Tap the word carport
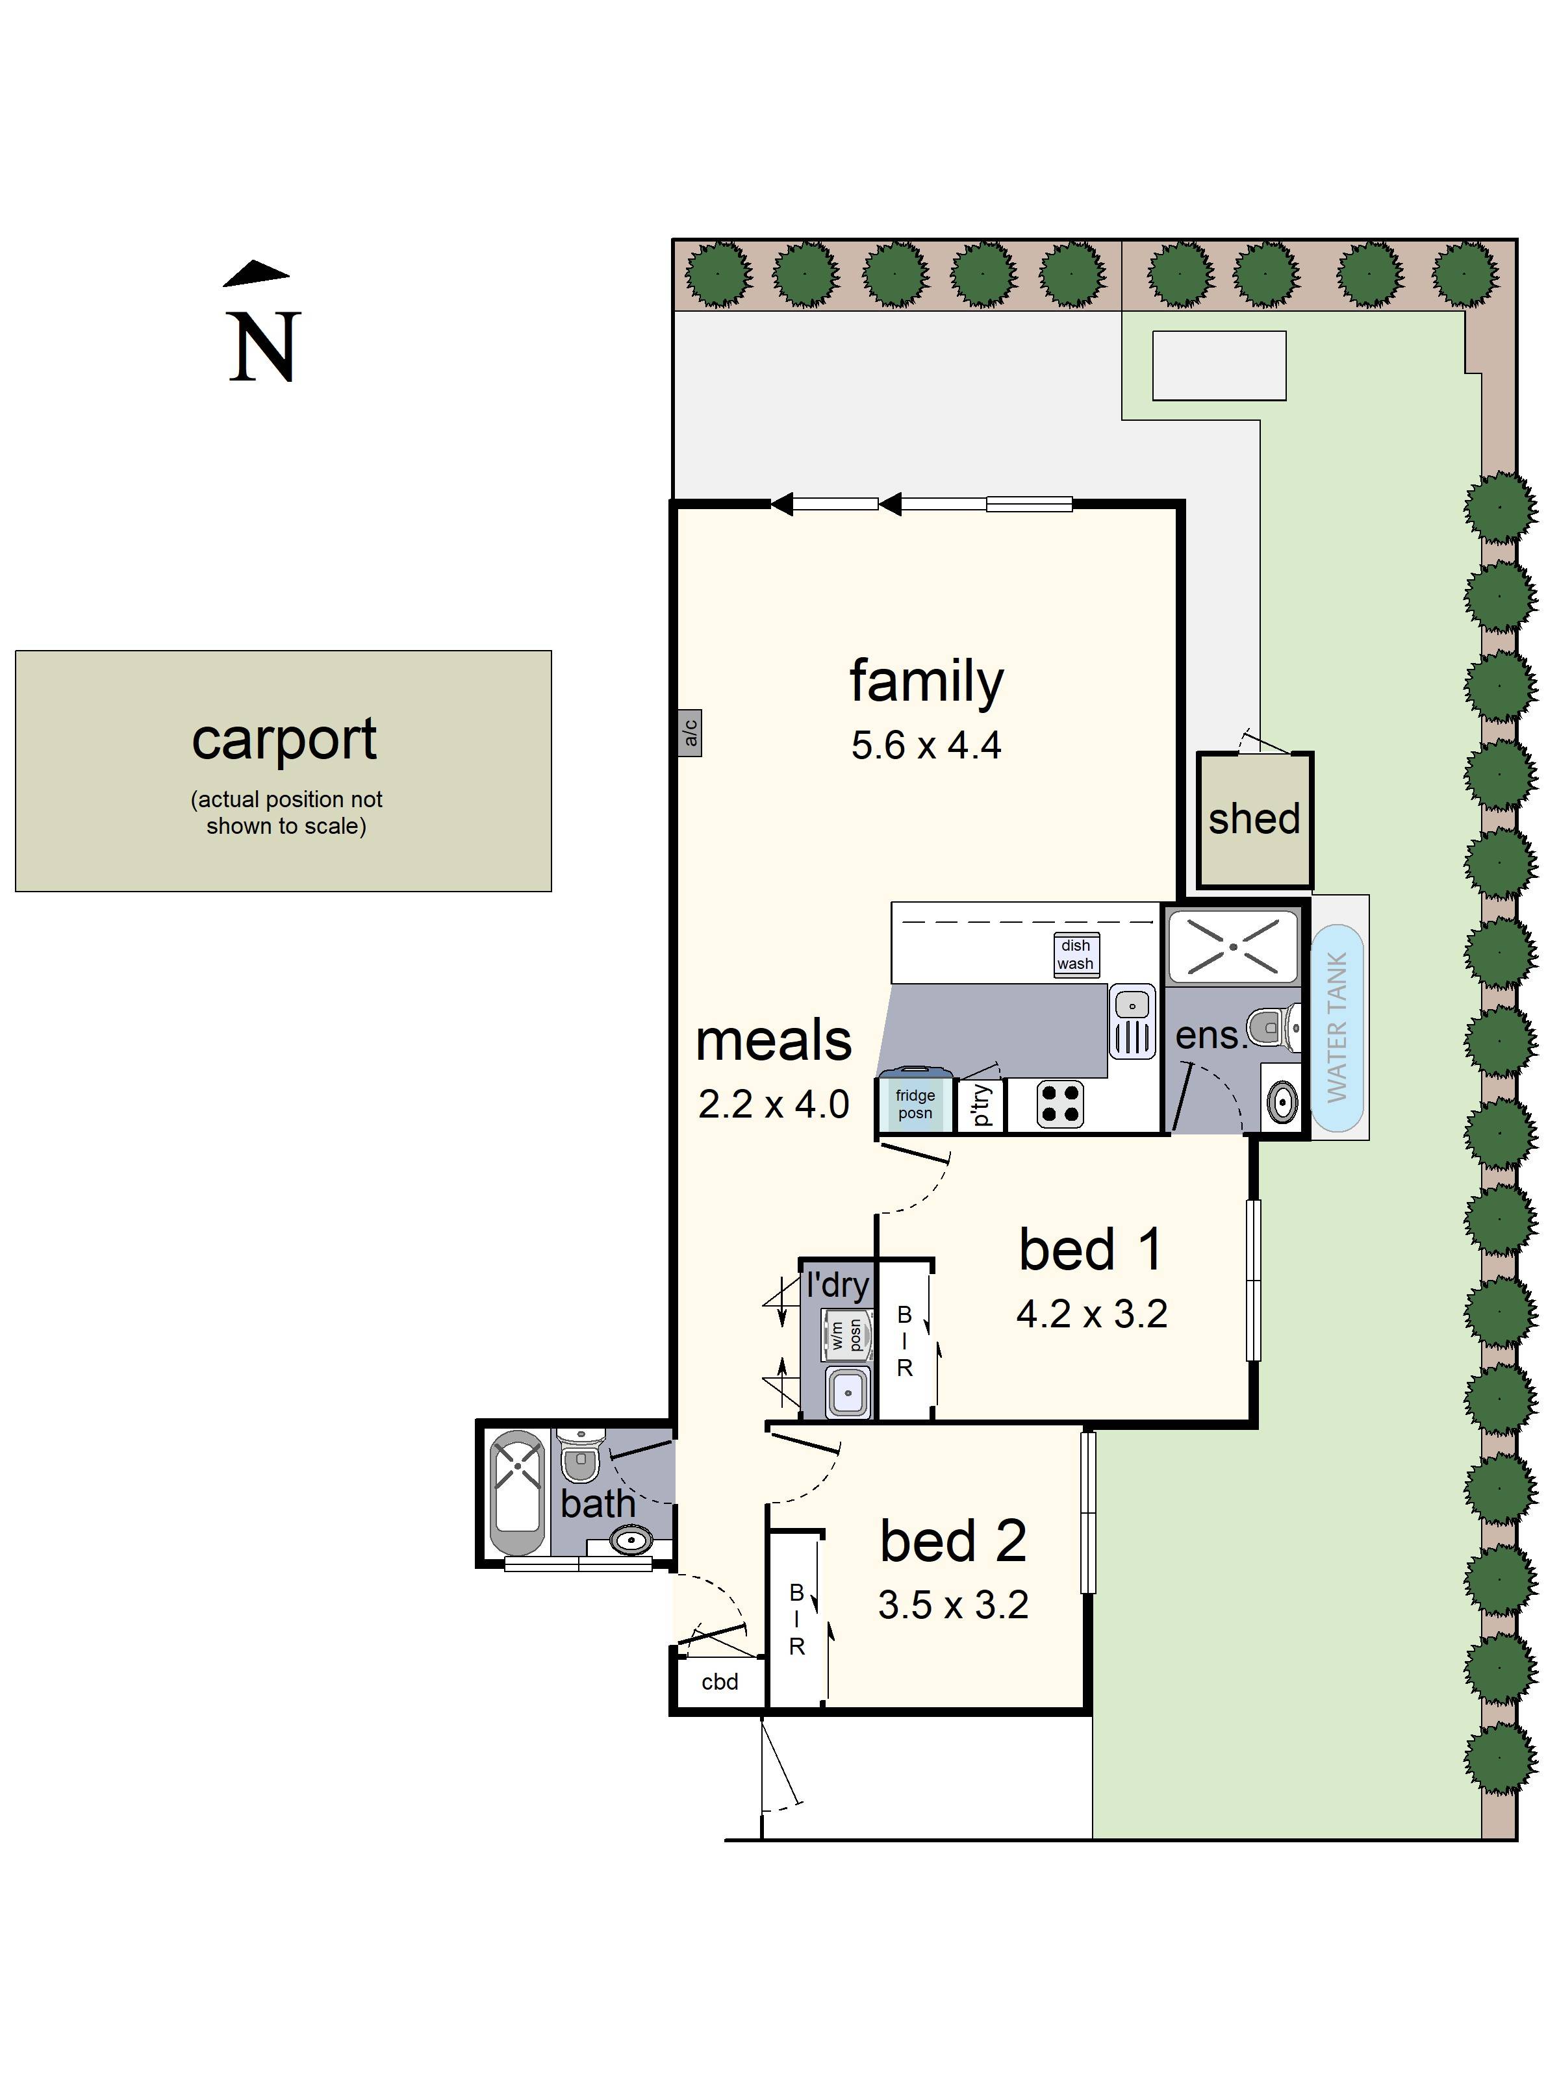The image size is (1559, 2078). pyautogui.click(x=284, y=740)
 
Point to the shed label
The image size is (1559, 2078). pyautogui.click(x=1254, y=819)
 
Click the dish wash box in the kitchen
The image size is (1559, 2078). pyautogui.click(x=1075, y=955)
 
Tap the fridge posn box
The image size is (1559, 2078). pyautogui.click(x=915, y=1104)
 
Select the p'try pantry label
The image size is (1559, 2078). pyautogui.click(x=980, y=1105)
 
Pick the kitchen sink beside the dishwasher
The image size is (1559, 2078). pyautogui.click(x=1132, y=1021)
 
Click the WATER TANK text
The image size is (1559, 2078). pyautogui.click(x=1336, y=1026)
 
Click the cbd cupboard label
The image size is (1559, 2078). pyautogui.click(x=720, y=1682)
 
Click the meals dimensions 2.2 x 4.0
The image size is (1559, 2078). pyautogui.click(x=774, y=1105)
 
